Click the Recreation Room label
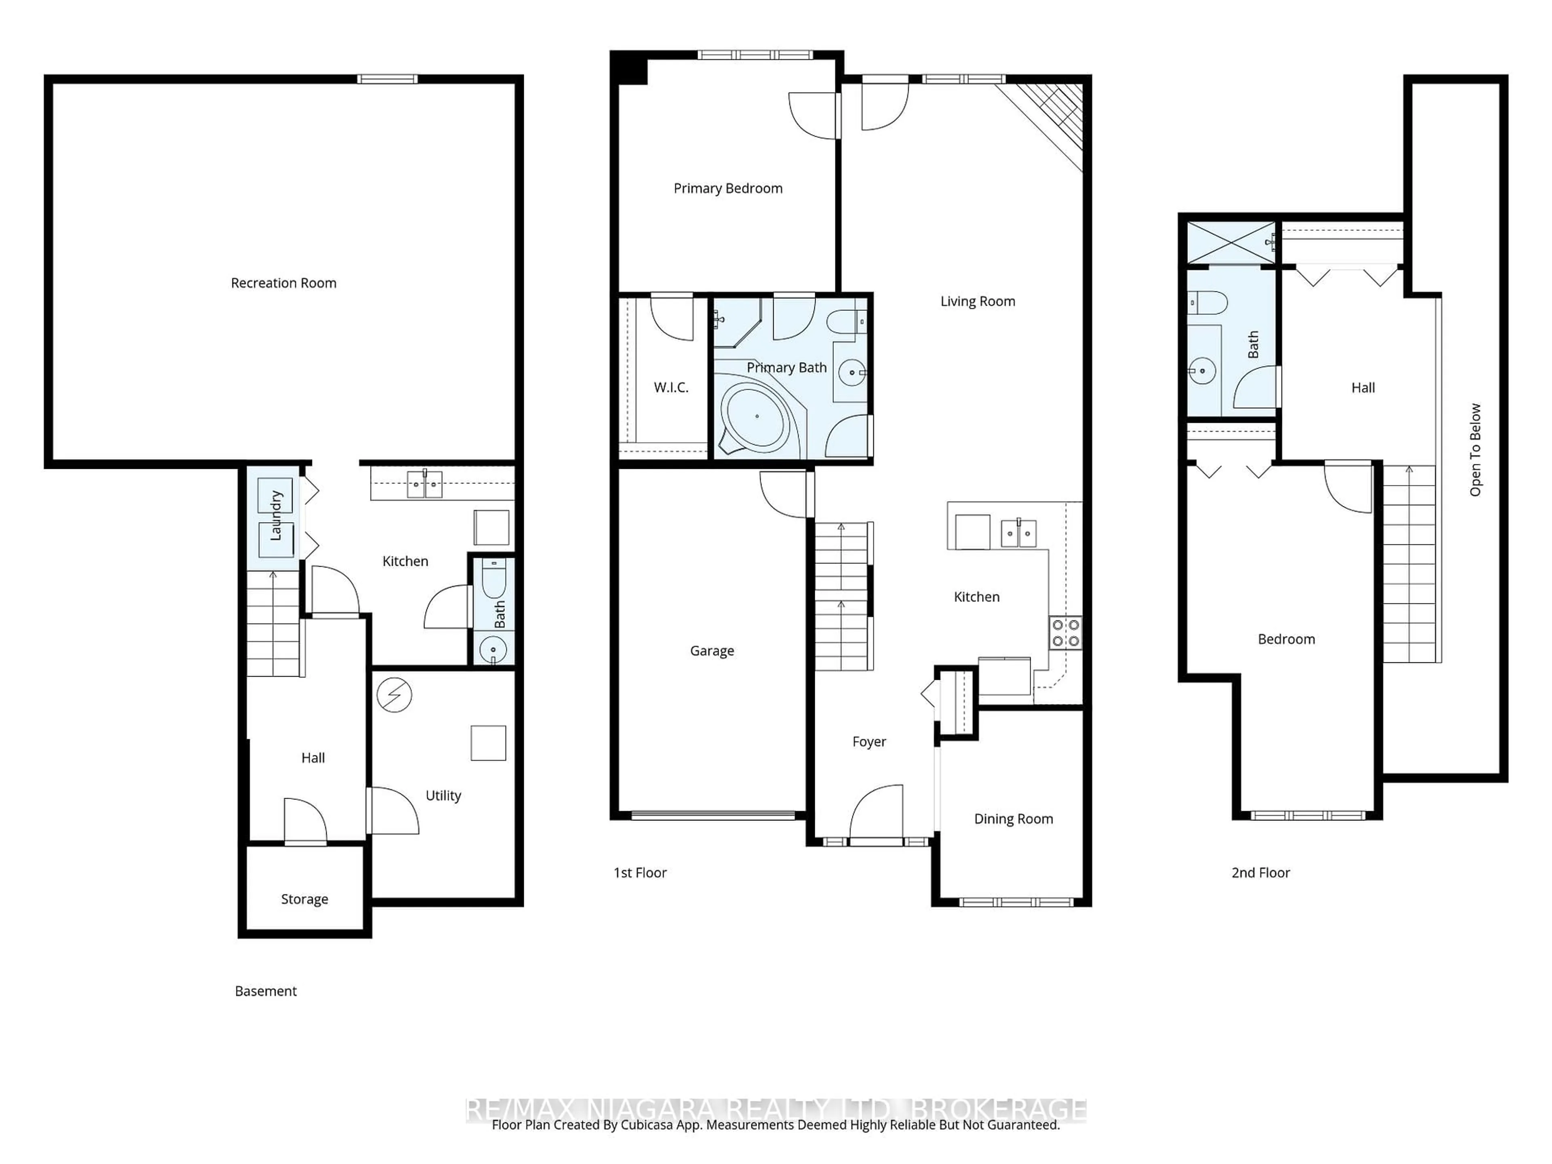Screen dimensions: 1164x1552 pyautogui.click(x=283, y=283)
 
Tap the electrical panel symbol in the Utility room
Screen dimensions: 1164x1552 pyautogui.click(x=394, y=695)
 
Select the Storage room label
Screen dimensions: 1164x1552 pyautogui.click(x=304, y=899)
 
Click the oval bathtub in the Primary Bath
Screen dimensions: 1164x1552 pyautogui.click(x=757, y=416)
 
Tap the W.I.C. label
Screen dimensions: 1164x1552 pyautogui.click(x=671, y=387)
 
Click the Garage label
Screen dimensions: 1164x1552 pyautogui.click(x=711, y=650)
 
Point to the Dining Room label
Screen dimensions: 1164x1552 pyautogui.click(x=1013, y=819)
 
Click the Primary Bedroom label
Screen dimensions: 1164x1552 pyautogui.click(x=727, y=188)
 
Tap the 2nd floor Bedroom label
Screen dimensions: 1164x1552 pyautogui.click(x=1286, y=639)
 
